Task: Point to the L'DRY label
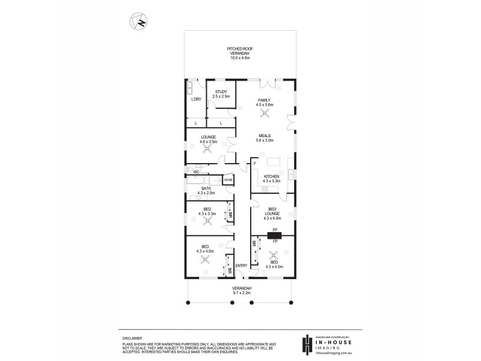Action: [x=196, y=99]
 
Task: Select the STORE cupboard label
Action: [x=228, y=179]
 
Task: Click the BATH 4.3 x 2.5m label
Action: [x=206, y=191]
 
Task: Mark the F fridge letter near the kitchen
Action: [x=255, y=164]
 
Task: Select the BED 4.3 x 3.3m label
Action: [x=206, y=211]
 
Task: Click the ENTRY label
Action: [x=241, y=266]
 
